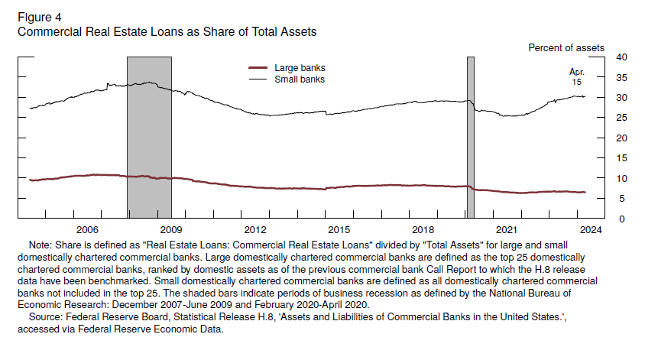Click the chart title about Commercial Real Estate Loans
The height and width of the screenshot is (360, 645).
pyautogui.click(x=167, y=32)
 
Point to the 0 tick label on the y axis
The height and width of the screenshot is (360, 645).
pyautogui.click(x=621, y=219)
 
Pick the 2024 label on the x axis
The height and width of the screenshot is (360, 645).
pyautogui.click(x=589, y=229)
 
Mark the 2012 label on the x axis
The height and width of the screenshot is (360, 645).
pyautogui.click(x=255, y=229)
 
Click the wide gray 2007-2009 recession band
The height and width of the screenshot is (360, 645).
pyautogui.click(x=149, y=138)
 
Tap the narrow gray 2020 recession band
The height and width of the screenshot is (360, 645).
pyautogui.click(x=470, y=138)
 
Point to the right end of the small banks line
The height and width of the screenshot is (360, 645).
pyautogui.click(x=585, y=96)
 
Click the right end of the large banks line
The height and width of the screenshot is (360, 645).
pyautogui.click(x=585, y=193)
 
